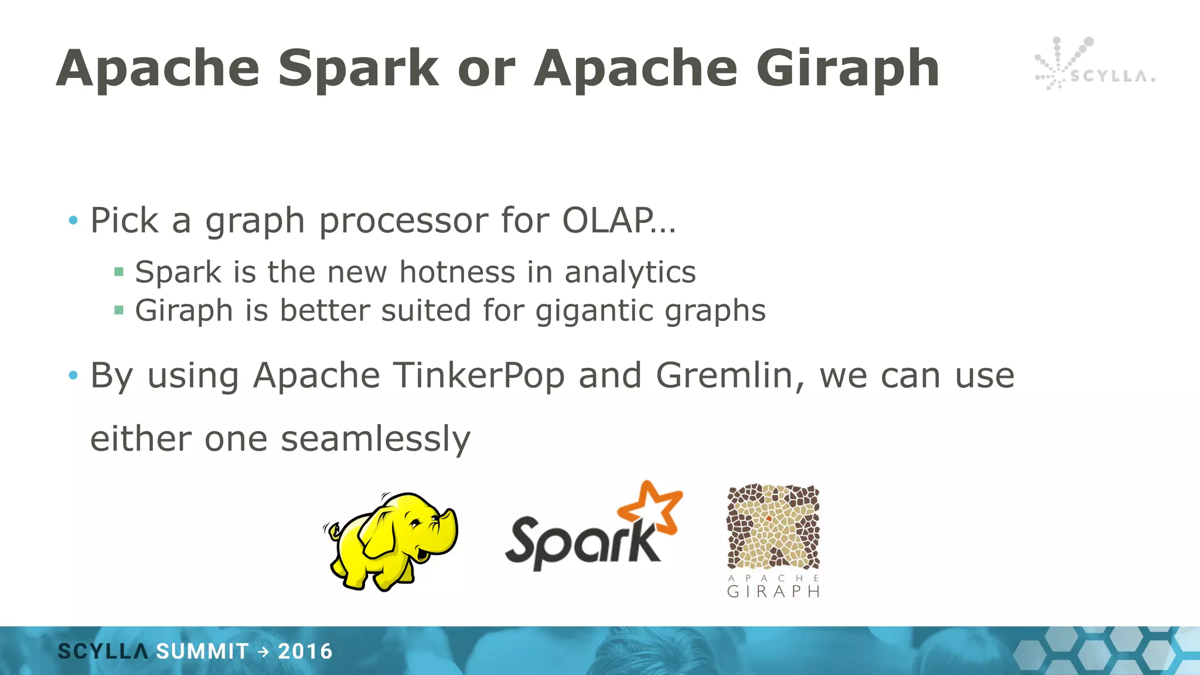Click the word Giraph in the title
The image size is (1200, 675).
coord(847,69)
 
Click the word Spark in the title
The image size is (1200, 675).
coord(358,69)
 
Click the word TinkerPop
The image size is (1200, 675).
coord(479,376)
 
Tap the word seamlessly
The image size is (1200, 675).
coord(375,439)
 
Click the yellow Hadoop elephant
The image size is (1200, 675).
coord(391,541)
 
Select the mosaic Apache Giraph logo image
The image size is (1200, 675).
coord(773,526)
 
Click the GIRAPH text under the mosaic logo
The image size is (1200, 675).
coord(773,591)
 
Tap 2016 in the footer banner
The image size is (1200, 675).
coord(305,652)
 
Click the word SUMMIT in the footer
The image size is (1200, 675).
coord(203,652)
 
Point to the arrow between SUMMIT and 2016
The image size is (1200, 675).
coord(263,652)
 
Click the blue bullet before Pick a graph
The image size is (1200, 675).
coord(73,221)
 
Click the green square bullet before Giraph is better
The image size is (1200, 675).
coord(119,310)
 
